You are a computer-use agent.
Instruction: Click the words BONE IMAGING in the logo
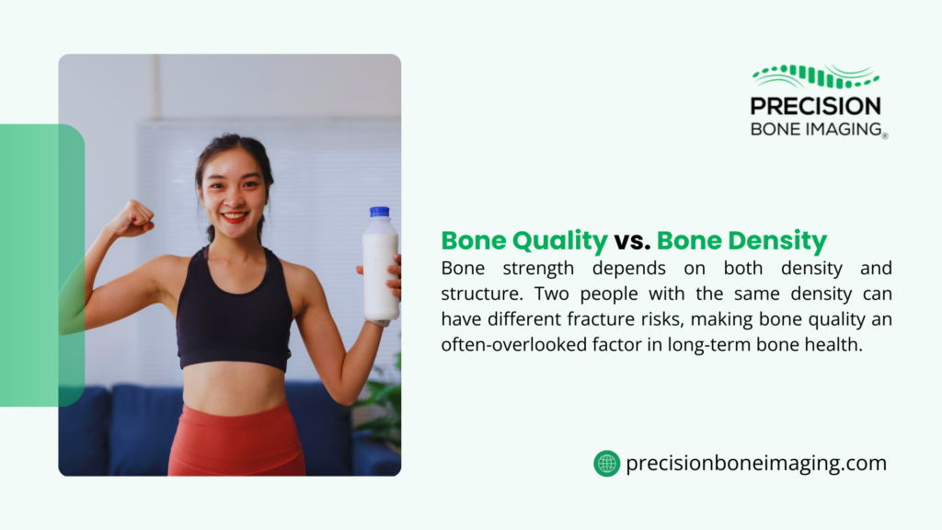click(815, 129)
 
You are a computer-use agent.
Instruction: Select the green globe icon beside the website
click(606, 464)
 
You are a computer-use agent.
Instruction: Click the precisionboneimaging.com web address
click(756, 464)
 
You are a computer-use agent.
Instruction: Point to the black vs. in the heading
click(632, 241)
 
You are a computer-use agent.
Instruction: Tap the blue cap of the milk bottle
click(379, 212)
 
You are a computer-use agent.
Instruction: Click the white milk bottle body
click(379, 271)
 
